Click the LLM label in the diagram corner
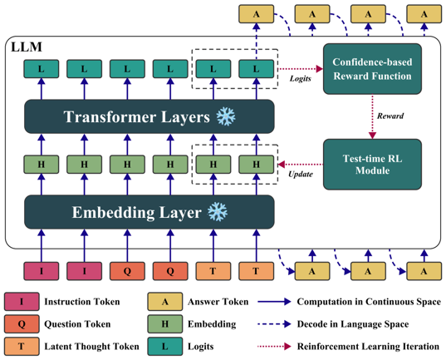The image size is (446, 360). pos(27,47)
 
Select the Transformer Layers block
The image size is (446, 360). pos(149,116)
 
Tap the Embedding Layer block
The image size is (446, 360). pos(149,212)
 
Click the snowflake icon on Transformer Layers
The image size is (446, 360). pos(226,116)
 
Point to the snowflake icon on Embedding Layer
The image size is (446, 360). pos(218,212)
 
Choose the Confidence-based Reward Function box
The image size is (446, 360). pos(372,69)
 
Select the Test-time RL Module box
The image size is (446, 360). pos(372,165)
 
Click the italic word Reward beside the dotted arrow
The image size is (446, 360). pos(390,116)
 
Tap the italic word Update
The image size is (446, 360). pos(301,174)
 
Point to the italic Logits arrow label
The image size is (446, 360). pos(301,78)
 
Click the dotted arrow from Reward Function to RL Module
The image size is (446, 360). pos(372,116)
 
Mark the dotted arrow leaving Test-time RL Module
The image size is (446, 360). pos(301,165)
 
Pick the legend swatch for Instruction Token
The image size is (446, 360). pos(22,301)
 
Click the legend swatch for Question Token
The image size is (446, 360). pos(22,323)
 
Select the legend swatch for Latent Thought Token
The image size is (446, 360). pos(22,347)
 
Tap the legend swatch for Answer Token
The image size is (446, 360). pos(165,301)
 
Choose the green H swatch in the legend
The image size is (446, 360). pos(165,323)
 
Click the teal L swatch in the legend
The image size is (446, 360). pos(165,347)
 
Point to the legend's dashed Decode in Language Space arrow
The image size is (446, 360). pos(274,323)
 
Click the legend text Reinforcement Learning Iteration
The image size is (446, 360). pos(368,347)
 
